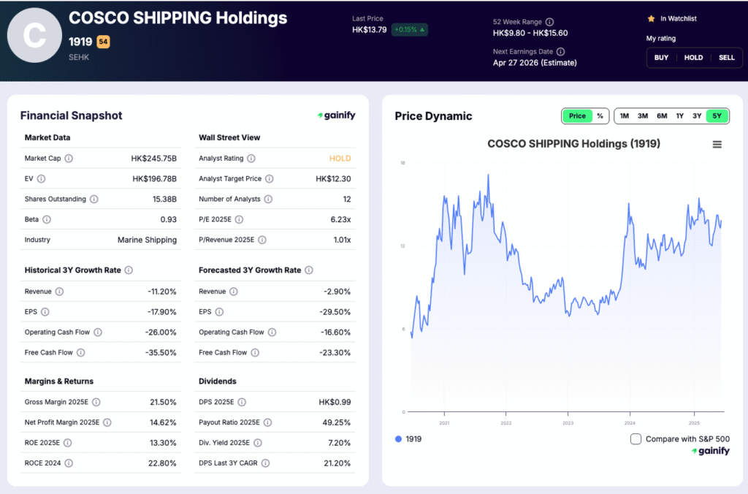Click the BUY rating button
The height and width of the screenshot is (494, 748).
coord(661,58)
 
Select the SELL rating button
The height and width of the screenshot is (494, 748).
coord(726,58)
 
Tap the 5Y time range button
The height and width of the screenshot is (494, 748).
coord(717,116)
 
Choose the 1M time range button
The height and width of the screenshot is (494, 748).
coord(624,116)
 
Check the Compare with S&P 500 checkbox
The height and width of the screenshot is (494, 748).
coord(636,439)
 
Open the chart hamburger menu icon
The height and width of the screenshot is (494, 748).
coord(717,145)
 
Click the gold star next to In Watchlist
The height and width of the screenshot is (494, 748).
coord(651,18)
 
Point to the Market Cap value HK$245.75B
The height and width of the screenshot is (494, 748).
coord(154,159)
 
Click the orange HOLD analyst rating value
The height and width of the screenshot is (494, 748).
coord(340,159)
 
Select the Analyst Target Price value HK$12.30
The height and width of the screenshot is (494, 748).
coord(333,179)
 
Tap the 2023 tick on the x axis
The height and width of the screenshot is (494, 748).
coord(568,423)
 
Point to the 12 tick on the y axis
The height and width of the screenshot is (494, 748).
coord(402,246)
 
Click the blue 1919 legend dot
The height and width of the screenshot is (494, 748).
coord(398,439)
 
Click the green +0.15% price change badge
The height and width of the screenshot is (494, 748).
coord(409,30)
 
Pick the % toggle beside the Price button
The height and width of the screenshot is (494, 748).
coord(600,116)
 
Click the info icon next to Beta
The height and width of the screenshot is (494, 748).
coord(47,219)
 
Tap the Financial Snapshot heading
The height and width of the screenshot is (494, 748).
coord(72,115)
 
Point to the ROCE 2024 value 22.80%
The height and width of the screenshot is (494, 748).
coord(162,463)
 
